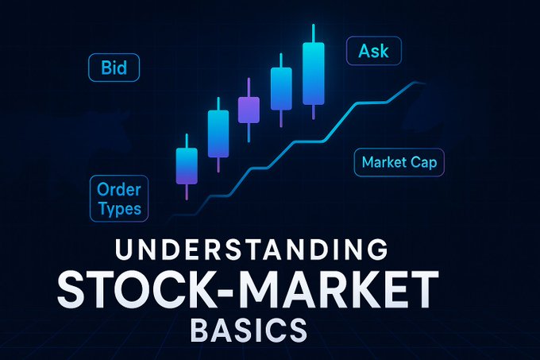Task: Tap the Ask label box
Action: (374, 52)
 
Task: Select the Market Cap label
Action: (398, 163)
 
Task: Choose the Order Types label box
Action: (118, 199)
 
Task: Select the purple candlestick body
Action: (249, 110)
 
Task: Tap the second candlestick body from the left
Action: (218, 133)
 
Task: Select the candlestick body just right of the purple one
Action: (281, 88)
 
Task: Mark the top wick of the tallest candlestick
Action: (314, 34)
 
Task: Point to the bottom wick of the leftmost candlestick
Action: (186, 192)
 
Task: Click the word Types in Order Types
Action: (119, 209)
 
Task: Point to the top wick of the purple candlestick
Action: (249, 87)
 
